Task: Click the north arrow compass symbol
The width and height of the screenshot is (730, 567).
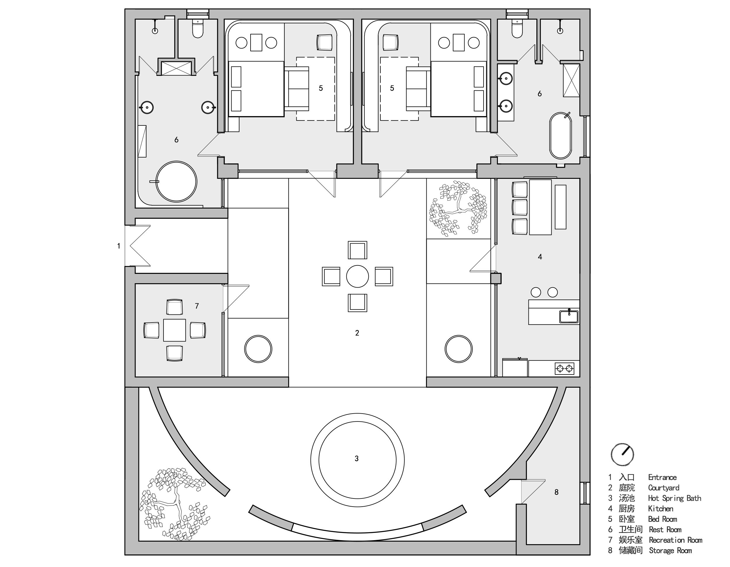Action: pyautogui.click(x=622, y=454)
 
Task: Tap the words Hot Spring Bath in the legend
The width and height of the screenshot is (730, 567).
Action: pyautogui.click(x=675, y=498)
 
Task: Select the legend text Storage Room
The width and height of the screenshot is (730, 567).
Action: pyautogui.click(x=670, y=551)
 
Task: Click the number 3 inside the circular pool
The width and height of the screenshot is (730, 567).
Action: pyautogui.click(x=357, y=459)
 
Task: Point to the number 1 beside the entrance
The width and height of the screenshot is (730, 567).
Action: pyautogui.click(x=119, y=246)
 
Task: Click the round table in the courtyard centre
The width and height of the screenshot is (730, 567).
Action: pyautogui.click(x=357, y=276)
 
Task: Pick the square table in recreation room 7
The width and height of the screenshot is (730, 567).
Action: pyautogui.click(x=175, y=330)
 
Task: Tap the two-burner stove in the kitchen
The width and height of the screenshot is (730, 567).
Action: pyautogui.click(x=564, y=369)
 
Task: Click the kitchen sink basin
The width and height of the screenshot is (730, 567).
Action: pyautogui.click(x=569, y=316)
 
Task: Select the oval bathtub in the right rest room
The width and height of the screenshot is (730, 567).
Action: pyautogui.click(x=561, y=136)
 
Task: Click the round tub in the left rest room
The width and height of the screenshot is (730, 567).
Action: pyautogui.click(x=176, y=182)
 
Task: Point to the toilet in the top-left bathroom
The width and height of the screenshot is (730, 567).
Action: pyautogui.click(x=198, y=28)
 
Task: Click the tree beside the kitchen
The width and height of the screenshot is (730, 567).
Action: pyautogui.click(x=458, y=208)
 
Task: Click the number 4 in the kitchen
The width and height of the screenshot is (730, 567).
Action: pyautogui.click(x=540, y=257)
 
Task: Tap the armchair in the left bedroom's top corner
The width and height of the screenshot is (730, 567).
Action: pyautogui.click(x=324, y=42)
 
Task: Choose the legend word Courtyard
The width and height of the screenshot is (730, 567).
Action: pyautogui.click(x=664, y=488)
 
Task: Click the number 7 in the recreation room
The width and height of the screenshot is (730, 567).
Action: pyautogui.click(x=197, y=306)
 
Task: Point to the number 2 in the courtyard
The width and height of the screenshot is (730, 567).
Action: pyautogui.click(x=357, y=333)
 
